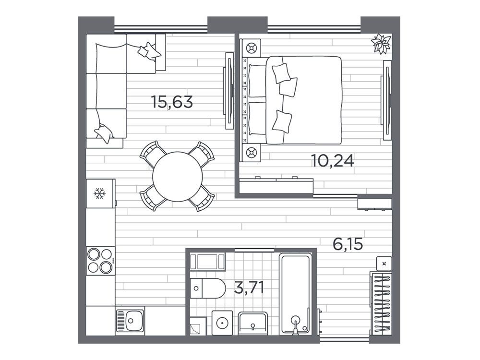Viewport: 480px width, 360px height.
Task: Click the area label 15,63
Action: point(172,102)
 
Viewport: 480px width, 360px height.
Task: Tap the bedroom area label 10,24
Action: point(333,160)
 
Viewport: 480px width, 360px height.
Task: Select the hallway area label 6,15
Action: point(348,244)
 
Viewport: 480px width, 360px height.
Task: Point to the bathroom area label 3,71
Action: point(249,288)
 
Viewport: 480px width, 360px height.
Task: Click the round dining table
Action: point(178,177)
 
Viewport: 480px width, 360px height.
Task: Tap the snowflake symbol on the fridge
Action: point(99,193)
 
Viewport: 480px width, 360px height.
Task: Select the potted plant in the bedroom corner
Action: point(381,44)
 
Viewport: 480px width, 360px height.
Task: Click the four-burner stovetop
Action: point(100,261)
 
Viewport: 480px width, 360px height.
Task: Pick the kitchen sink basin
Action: point(131,321)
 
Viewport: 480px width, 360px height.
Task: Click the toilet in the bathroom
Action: point(207,288)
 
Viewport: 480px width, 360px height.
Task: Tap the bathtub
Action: point(295,294)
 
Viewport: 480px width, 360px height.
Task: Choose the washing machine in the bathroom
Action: point(222,323)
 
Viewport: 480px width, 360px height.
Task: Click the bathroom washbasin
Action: point(253,324)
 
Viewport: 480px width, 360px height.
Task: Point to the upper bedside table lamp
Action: point(251,48)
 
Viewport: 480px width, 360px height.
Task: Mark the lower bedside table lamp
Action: point(251,152)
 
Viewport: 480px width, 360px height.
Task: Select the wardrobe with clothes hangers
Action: point(381,303)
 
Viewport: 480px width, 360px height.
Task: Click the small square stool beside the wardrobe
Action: point(384,264)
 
